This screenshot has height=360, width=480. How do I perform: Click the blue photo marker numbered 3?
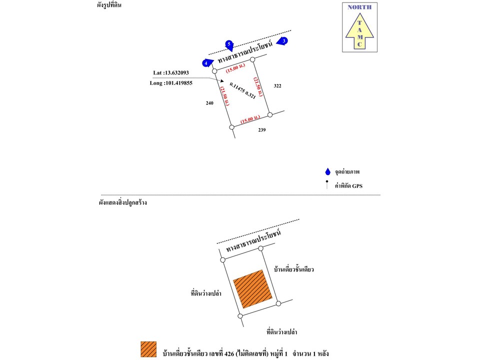[x=282, y=41]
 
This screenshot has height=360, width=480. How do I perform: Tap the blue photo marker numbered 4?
[x=206, y=63]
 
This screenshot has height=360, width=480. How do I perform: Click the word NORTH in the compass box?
[x=359, y=7]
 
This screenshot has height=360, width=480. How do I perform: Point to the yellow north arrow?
[x=359, y=30]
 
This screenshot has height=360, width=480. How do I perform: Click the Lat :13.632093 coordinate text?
[x=171, y=72]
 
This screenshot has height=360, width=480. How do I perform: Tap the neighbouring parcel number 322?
[x=277, y=86]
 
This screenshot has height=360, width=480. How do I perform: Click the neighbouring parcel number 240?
[x=209, y=103]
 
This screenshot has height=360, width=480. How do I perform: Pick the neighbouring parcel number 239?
[x=262, y=130]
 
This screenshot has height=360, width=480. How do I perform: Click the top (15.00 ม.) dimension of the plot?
[x=234, y=67]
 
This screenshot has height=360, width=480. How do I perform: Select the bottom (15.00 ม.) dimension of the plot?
[x=249, y=119]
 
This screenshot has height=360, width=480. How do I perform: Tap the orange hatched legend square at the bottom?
[x=148, y=349]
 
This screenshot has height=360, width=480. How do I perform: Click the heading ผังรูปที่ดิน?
[x=110, y=6]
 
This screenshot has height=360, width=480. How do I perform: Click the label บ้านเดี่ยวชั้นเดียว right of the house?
[x=293, y=269]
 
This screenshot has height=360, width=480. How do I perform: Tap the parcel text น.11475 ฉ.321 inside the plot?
[x=242, y=90]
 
